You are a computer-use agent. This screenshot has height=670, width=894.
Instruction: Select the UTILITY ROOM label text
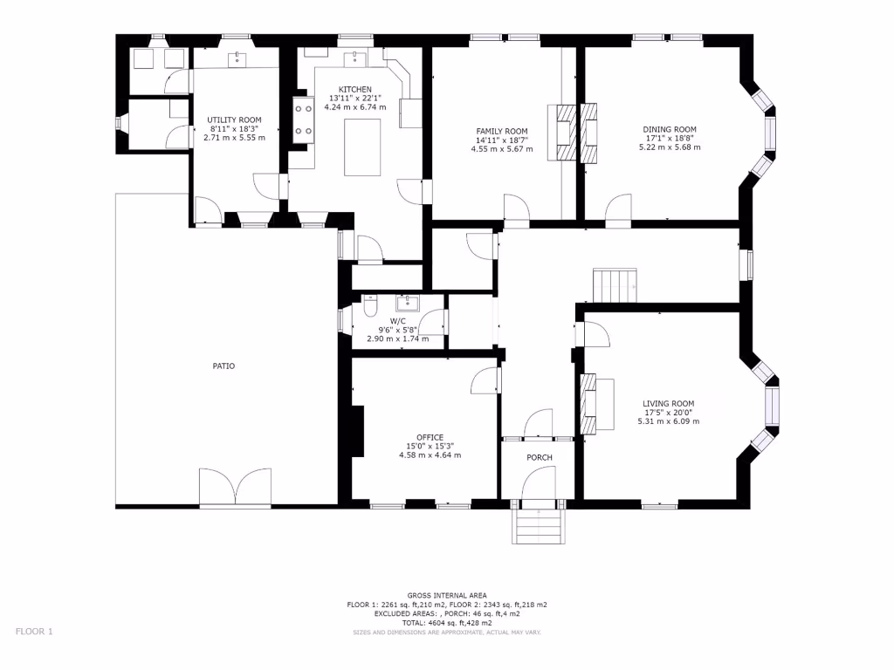(234, 120)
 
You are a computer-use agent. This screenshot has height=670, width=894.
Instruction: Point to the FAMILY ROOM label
(501, 131)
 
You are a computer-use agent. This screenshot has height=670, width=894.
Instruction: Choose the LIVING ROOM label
(668, 404)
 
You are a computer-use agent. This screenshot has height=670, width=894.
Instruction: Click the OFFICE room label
(430, 438)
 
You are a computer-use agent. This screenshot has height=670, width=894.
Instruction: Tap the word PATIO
(223, 366)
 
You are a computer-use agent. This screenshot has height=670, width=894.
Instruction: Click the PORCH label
(539, 458)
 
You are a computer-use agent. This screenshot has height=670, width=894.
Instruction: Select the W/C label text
(397, 321)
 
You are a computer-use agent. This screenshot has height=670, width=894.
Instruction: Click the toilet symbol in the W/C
(369, 309)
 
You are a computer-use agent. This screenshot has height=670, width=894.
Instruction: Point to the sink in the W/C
(408, 304)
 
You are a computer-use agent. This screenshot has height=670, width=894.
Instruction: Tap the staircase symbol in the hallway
(615, 284)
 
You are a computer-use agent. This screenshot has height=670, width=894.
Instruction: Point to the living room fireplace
(589, 404)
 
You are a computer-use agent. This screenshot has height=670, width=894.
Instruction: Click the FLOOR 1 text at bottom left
(35, 631)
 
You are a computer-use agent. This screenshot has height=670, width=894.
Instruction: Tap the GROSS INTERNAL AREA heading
(447, 595)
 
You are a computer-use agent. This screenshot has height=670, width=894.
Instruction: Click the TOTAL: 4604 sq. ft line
(447, 623)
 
